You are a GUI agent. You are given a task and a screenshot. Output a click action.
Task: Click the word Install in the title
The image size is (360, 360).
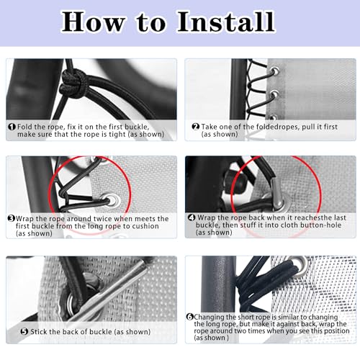pos(225,22)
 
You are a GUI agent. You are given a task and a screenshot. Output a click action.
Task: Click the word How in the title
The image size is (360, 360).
pos(93,22)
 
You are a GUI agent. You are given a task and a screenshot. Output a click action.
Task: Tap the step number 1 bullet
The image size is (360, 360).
pos(12,127)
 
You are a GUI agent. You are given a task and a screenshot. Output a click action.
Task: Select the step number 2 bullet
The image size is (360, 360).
pos(196,127)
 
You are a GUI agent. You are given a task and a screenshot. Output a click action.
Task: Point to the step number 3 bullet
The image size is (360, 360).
pos(12,218)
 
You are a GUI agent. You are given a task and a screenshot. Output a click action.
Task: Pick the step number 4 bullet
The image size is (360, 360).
pos(192,217)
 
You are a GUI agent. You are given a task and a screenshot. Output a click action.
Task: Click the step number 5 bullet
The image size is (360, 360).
pos(24,331)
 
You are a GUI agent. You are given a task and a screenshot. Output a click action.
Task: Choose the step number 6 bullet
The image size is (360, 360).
pos(190,317)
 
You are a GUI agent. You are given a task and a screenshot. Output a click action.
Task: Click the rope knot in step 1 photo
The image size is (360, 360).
pos(72,84)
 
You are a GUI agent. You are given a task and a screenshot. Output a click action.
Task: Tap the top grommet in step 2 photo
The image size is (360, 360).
pos(274,71)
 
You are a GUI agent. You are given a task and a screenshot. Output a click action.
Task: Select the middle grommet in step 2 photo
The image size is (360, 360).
pos(274,94)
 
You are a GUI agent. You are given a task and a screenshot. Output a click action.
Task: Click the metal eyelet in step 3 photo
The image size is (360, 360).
pos(112,200)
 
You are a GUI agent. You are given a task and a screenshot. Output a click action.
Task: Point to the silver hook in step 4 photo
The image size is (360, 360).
pos(276,193)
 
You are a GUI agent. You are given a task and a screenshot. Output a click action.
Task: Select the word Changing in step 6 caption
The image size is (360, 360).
pos(210,317)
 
